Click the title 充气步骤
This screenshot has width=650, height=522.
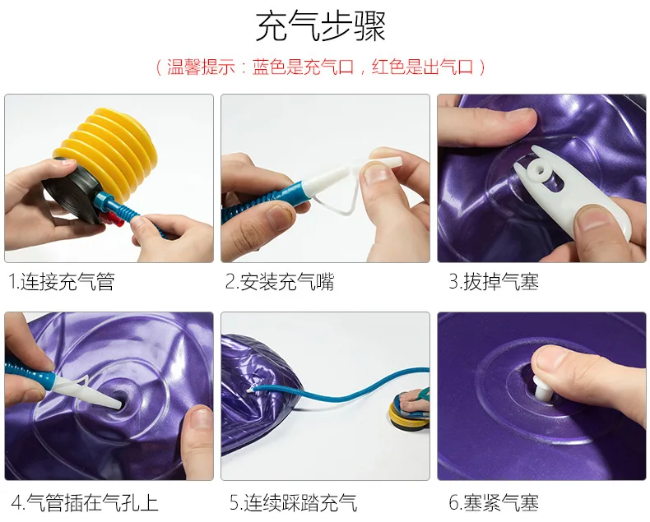pyautogui.click(x=320, y=25)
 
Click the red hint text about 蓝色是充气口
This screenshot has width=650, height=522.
pyautogui.click(x=320, y=67)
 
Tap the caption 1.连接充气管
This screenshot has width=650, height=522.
pyautogui.click(x=62, y=282)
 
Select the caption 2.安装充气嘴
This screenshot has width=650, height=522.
pyautogui.click(x=280, y=282)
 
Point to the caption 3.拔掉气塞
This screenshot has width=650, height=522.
pyautogui.click(x=494, y=282)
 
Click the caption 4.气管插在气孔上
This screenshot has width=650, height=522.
pyautogui.click(x=85, y=502)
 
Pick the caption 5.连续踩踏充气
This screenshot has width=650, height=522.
pyautogui.click(x=294, y=502)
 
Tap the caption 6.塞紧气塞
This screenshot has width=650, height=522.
pyautogui.click(x=494, y=502)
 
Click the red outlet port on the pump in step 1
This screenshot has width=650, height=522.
pyautogui.click(x=114, y=220)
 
